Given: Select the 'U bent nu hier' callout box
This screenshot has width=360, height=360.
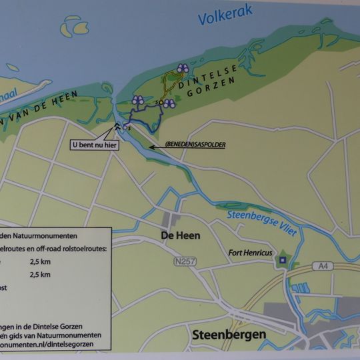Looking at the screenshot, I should pos(94,144).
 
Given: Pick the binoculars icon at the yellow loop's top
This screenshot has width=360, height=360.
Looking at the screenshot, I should pos(183,68).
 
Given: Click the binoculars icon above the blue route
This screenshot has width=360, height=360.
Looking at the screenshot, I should pos(138,100).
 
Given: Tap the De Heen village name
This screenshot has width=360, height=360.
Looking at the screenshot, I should pos(180,235).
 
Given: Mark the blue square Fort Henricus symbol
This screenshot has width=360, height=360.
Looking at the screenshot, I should pos(283,260).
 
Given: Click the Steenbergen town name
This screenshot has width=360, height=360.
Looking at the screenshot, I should pos(228,335).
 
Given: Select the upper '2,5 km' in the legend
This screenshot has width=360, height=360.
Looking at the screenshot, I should pos(40,262).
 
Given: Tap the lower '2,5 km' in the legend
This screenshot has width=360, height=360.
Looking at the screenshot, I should pos(40,273).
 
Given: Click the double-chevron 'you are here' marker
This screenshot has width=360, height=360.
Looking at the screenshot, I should pos(117,126).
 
